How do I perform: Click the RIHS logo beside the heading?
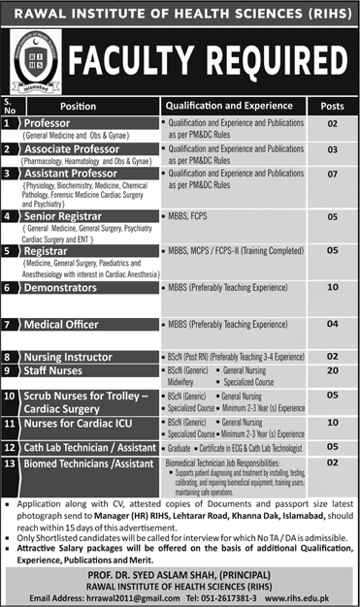33,61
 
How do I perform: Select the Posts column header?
332,106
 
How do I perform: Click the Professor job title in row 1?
61,124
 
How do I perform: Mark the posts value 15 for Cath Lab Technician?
332,447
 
